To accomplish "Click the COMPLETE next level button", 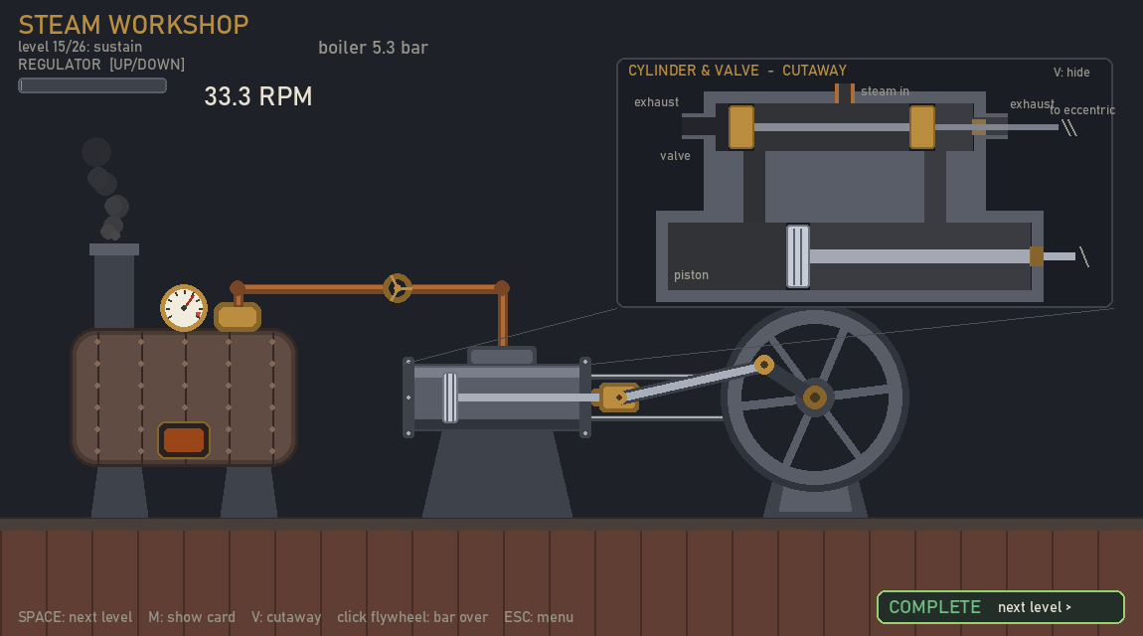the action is [x=1000, y=607].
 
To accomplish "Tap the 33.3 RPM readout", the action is [x=258, y=96].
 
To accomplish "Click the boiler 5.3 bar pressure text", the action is [x=373, y=48].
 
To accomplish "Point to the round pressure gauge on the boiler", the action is [x=184, y=307].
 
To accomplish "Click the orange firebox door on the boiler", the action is [x=184, y=440].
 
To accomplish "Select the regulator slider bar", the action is [x=92, y=85].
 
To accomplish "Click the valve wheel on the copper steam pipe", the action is [x=398, y=288].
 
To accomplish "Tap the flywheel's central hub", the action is [x=814, y=397].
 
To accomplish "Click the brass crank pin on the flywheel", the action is [x=764, y=365].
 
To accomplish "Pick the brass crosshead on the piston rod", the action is [x=618, y=397].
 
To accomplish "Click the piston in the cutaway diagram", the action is [x=797, y=256].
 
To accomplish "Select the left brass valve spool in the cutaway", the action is [x=741, y=127].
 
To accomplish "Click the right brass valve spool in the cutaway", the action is [x=922, y=127].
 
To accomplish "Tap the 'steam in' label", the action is [x=885, y=91].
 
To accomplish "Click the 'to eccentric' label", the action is [x=1082, y=110].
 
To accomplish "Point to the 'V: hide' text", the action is [x=1071, y=73].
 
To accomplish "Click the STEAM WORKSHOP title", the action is [x=133, y=25].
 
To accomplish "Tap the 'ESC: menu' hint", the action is [x=539, y=617].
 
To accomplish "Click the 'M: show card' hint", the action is [x=192, y=617].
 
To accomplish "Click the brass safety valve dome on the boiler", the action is [x=238, y=316].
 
